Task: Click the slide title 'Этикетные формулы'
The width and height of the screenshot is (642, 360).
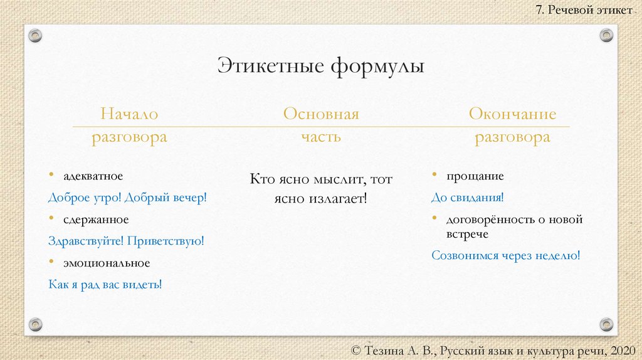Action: (x=321, y=66)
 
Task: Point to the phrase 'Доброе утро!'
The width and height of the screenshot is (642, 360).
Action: (x=85, y=198)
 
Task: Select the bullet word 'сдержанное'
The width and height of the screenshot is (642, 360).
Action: (x=95, y=220)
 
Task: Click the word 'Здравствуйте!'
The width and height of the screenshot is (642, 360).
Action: (x=85, y=241)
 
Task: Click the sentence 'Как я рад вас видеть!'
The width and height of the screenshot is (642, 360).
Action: (x=105, y=284)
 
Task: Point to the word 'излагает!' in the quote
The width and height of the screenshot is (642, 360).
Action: (x=339, y=198)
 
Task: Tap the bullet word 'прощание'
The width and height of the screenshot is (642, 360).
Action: (x=475, y=176)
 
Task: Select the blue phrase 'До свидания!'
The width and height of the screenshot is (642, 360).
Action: (x=468, y=198)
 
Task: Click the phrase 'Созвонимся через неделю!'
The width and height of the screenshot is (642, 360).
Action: (x=506, y=255)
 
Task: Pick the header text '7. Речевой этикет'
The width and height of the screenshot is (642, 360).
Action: (x=584, y=11)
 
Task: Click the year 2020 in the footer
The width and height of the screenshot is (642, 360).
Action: (x=621, y=349)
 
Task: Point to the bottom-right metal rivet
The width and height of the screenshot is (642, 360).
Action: (x=606, y=324)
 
